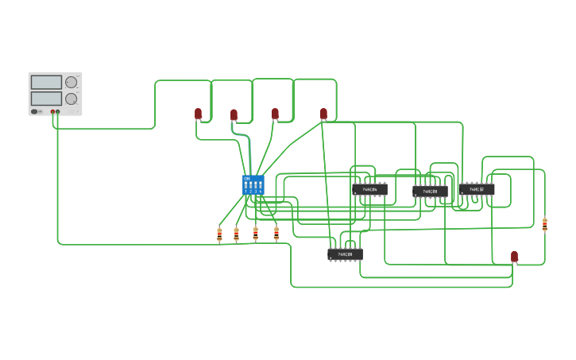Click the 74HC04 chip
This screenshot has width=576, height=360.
[x=369, y=190]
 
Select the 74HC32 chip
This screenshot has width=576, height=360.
[x=477, y=189]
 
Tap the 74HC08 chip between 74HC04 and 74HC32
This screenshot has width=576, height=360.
[x=430, y=192]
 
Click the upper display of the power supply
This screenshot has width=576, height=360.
[x=46, y=82]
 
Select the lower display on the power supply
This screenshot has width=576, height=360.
[x=46, y=99]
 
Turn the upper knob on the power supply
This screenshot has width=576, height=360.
[x=72, y=82]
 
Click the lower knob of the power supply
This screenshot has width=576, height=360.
[x=72, y=99]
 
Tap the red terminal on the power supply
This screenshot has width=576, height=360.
[x=52, y=112]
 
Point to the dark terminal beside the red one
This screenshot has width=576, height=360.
[x=58, y=112]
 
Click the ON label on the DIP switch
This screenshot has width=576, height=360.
[x=247, y=178]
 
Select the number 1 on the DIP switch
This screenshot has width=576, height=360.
[x=246, y=192]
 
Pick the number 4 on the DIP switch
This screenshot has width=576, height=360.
[x=261, y=192]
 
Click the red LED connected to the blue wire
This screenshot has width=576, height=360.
[x=234, y=115]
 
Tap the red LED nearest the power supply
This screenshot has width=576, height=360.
[x=199, y=114]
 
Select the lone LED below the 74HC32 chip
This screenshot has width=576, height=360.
[x=514, y=256]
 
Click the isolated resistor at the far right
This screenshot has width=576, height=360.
[x=545, y=225]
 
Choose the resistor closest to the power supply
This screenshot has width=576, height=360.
[x=219, y=234]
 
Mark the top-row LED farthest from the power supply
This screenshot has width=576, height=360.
[x=323, y=114]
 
